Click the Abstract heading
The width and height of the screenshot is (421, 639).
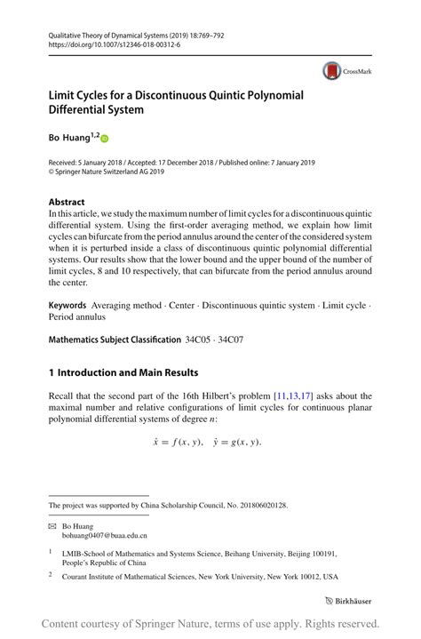[x=67, y=202]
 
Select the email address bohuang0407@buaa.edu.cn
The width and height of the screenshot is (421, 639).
[x=109, y=536]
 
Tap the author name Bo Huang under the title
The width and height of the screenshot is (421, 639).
[x=69, y=138]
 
